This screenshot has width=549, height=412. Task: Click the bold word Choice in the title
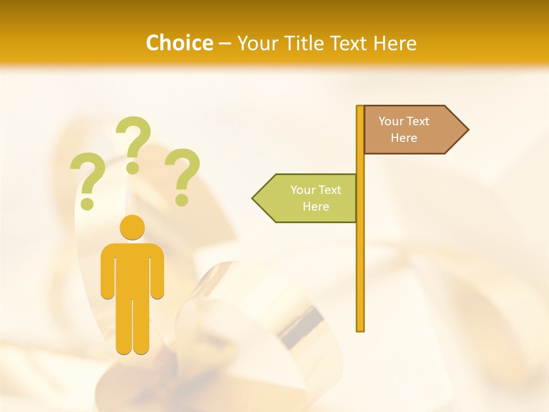(x=179, y=43)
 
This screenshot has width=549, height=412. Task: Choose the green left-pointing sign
(x=309, y=198)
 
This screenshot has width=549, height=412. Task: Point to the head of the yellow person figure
(x=132, y=227)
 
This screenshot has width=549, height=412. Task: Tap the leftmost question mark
(x=87, y=177)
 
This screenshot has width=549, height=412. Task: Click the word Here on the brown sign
(x=404, y=138)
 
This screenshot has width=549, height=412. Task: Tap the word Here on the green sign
(x=316, y=207)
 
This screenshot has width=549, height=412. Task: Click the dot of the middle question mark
(x=133, y=168)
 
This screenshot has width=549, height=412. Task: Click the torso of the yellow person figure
(x=132, y=269)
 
